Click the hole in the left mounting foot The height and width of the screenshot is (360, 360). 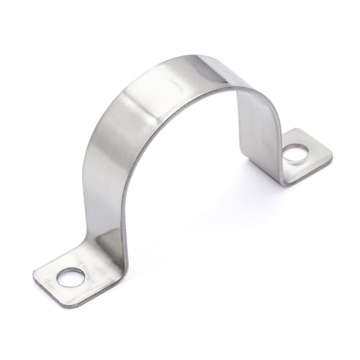pyautogui.click(x=71, y=276)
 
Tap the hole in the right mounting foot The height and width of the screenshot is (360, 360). pyautogui.click(x=294, y=153)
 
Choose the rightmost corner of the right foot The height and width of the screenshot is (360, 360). pyautogui.click(x=332, y=153)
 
